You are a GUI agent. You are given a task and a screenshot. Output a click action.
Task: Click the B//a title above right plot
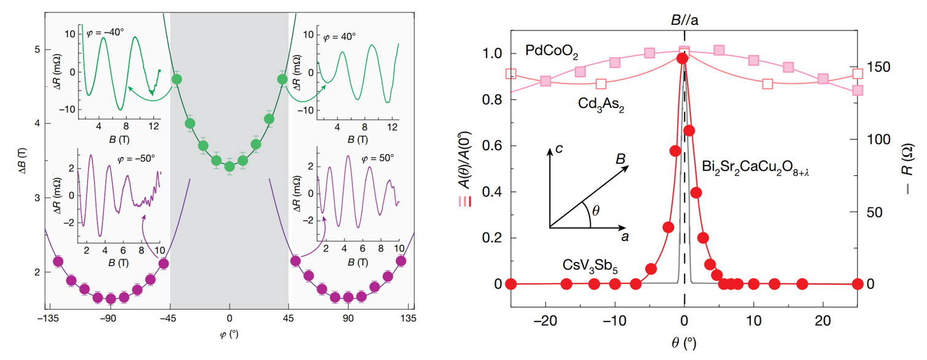coord(685,20)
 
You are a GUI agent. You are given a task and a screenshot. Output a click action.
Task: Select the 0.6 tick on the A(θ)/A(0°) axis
coord(493,146)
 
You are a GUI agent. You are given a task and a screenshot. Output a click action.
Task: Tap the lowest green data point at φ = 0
coord(229,166)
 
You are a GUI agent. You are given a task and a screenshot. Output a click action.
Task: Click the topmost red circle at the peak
coord(682,58)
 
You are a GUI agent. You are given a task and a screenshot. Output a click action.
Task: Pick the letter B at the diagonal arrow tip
coord(621,159)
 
